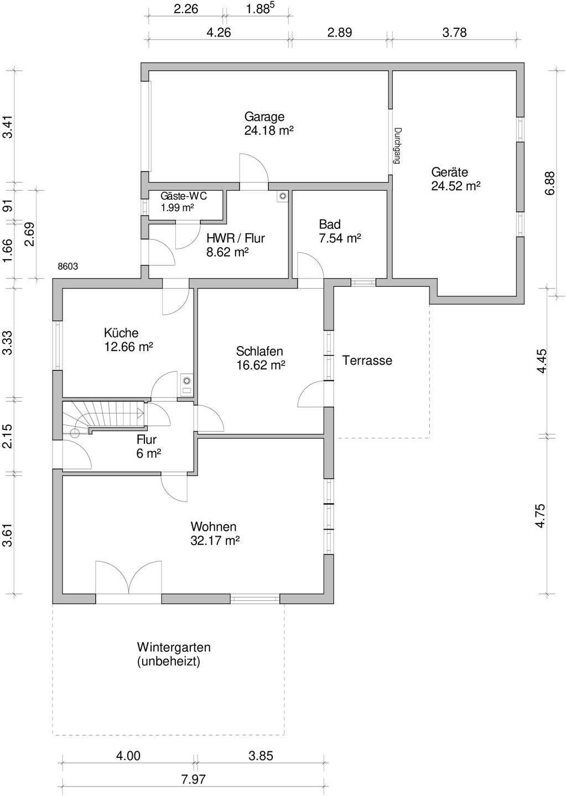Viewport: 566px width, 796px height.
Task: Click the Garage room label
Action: [x=264, y=117]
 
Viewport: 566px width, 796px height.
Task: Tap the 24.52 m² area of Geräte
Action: [x=455, y=186]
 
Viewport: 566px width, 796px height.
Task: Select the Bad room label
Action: [x=330, y=224]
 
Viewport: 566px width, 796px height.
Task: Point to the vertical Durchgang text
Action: [x=396, y=146]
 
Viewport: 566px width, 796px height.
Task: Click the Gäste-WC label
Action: [x=183, y=196]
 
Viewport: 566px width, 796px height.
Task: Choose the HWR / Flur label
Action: [x=235, y=238]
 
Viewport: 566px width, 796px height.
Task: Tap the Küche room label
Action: [x=121, y=333]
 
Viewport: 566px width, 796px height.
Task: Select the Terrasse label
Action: [x=367, y=361]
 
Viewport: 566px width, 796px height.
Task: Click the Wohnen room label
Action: [x=214, y=527]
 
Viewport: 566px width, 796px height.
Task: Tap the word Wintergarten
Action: [x=174, y=647]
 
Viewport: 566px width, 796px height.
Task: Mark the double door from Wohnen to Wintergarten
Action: [x=128, y=578]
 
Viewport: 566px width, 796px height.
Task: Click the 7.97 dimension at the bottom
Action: [x=193, y=780]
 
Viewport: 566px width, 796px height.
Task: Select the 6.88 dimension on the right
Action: [x=549, y=182]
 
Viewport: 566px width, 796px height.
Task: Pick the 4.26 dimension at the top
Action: [x=218, y=33]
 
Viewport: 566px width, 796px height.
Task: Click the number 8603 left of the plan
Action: [x=67, y=266]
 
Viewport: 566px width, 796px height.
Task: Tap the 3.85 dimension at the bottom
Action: [x=260, y=756]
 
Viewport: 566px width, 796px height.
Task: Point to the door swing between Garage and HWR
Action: [x=253, y=168]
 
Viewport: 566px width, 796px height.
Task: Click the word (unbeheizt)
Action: [x=168, y=662]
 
